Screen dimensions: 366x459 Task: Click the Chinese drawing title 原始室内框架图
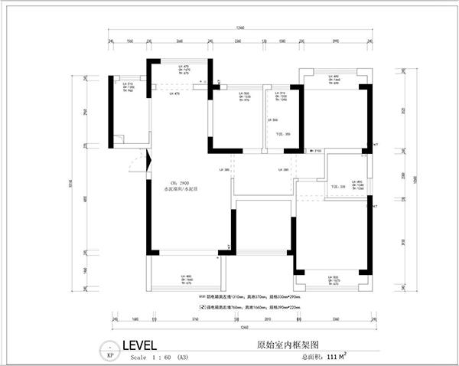click(282, 345)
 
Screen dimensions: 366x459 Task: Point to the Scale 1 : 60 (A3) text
click(159, 357)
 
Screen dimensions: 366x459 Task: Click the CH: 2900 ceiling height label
click(180, 182)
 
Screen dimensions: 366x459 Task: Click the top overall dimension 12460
click(241, 28)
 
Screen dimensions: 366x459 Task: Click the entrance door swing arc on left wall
click(135, 164)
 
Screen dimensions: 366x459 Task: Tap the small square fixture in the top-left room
click(118, 139)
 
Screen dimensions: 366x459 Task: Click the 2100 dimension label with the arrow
click(317, 152)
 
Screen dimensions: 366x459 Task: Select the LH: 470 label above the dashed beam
click(176, 93)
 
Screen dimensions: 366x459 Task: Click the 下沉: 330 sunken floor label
click(337, 186)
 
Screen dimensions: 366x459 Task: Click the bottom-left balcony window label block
click(186, 279)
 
